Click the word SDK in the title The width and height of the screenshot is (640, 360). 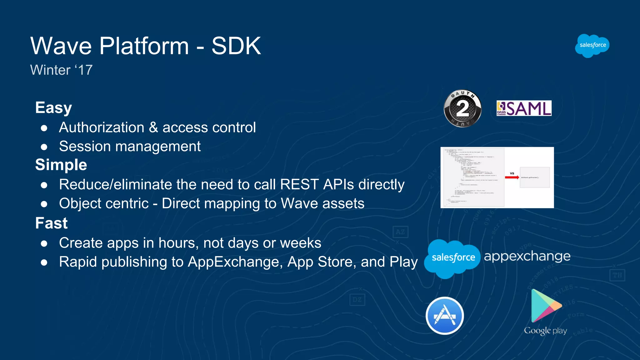tap(236, 46)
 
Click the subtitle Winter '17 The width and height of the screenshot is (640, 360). tap(61, 70)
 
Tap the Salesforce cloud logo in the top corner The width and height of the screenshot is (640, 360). tap(592, 46)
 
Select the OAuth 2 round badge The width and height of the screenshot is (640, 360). tap(462, 108)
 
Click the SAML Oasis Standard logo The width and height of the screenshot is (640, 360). tap(524, 108)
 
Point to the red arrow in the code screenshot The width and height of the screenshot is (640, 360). tap(512, 177)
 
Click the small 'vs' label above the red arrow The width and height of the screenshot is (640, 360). tap(512, 173)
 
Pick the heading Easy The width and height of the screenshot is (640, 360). tap(53, 107)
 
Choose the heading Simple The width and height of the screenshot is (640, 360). tap(61, 165)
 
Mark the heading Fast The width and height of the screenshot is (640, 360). tap(51, 223)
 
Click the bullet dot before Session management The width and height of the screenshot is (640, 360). tap(44, 147)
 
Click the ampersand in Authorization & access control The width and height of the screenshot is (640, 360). tap(153, 127)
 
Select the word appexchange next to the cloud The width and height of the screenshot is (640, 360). tap(527, 256)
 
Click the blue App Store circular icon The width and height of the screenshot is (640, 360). tap(444, 316)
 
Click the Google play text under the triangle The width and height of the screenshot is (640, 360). tap(545, 331)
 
